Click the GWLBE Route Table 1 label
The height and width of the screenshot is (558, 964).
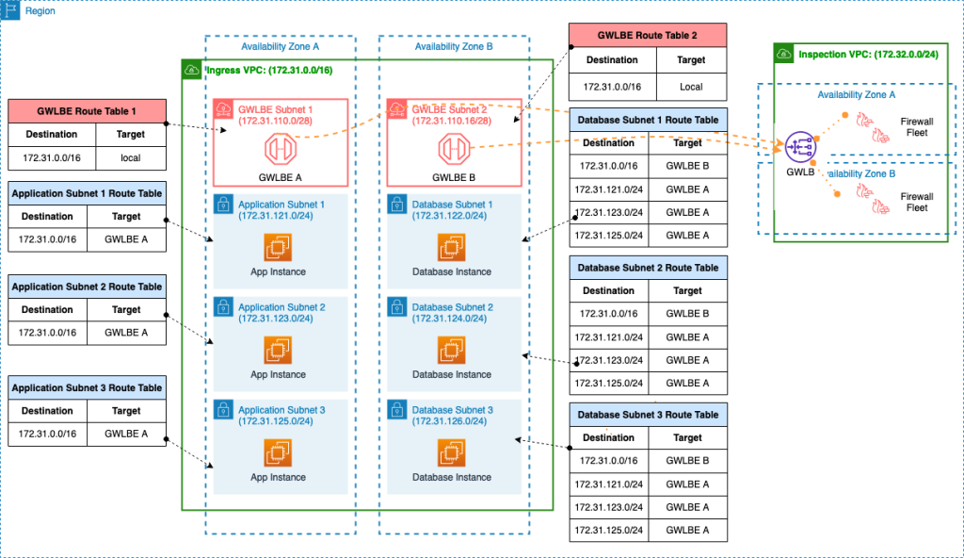(87, 111)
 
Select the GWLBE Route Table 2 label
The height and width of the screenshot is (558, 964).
(647, 36)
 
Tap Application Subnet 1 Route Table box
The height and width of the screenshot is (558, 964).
(87, 193)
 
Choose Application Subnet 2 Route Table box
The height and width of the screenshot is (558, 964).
(87, 287)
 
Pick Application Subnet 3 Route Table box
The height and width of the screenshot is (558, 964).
(87, 387)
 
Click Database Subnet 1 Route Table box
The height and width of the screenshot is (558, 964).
(648, 120)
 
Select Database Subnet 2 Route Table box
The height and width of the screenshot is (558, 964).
(648, 268)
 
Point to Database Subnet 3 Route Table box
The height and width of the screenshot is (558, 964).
(648, 415)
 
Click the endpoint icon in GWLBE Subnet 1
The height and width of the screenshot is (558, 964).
(280, 150)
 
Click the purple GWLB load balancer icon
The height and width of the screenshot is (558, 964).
(800, 147)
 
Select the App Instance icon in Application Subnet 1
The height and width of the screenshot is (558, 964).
(279, 248)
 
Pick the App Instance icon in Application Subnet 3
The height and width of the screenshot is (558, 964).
(279, 453)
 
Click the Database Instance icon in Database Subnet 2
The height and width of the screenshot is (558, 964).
(452, 350)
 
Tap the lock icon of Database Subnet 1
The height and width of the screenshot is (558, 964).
(396, 204)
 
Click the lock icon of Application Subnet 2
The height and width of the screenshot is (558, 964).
(223, 306)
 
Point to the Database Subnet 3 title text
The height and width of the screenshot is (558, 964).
(452, 410)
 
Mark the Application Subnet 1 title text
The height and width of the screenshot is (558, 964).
(281, 205)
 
